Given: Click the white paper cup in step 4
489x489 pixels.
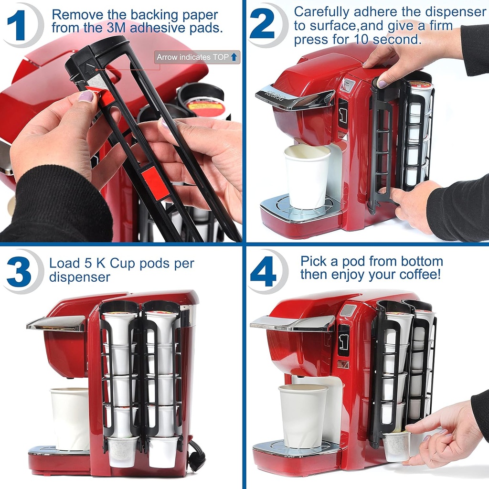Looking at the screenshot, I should [303, 415].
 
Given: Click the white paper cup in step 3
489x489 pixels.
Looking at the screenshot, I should [70, 418].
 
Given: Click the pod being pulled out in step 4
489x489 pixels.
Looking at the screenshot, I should [396, 446].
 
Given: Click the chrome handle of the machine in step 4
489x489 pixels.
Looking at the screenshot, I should [292, 323].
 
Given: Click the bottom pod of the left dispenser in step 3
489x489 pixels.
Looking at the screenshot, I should [122, 451].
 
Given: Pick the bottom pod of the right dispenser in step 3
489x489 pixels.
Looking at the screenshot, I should [163, 451].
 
